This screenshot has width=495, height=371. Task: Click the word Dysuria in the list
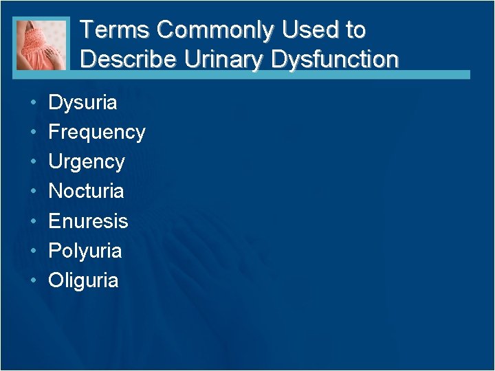[82, 103]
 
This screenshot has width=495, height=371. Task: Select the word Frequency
[97, 132]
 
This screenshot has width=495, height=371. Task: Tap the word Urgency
[87, 161]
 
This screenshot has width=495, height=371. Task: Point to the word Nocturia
[86, 190]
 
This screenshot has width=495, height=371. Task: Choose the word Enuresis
[88, 221]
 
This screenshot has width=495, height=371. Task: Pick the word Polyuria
[85, 250]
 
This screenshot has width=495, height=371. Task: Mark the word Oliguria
[83, 280]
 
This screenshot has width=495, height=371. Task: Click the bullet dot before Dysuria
[33, 103]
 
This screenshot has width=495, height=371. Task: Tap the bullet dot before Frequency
[33, 132]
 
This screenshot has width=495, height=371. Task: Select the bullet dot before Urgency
[33, 161]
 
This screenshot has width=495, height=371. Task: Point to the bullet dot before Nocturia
[33, 191]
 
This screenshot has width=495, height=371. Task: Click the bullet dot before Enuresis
[33, 221]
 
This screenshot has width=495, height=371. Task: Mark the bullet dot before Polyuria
[33, 250]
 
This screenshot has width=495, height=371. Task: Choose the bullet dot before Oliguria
[33, 280]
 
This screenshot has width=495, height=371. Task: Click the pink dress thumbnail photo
[42, 44]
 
